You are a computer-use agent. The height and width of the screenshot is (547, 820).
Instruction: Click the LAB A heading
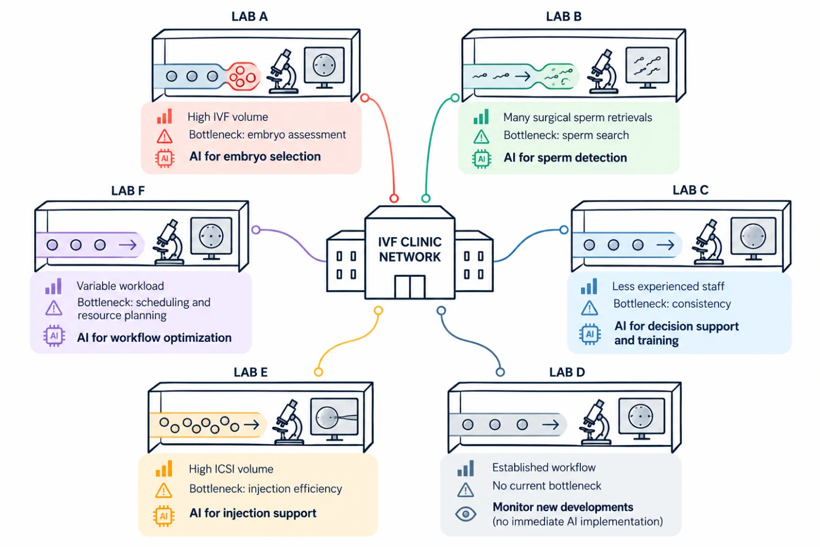point(250,17)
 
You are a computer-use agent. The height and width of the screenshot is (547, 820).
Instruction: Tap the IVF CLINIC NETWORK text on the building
point(409,249)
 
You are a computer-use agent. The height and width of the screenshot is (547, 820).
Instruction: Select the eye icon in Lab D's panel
point(466,514)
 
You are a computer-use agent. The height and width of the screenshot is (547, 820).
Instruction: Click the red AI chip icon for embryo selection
point(165,158)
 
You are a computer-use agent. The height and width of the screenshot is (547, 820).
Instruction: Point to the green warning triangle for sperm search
point(481,137)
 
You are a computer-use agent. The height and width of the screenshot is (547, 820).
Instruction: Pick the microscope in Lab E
point(289,422)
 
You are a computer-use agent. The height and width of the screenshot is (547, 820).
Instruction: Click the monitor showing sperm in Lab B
point(647,68)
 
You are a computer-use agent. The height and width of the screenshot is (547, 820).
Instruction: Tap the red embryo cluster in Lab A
point(243,77)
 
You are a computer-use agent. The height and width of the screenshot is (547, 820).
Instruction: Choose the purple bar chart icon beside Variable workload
point(53,286)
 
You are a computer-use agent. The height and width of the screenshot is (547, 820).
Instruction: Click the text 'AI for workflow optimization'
point(154,337)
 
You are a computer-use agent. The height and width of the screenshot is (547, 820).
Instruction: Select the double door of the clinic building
point(409,287)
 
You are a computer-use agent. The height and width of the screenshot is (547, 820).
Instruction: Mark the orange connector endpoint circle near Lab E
point(319,372)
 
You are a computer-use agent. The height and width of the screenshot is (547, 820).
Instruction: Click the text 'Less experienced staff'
point(668,286)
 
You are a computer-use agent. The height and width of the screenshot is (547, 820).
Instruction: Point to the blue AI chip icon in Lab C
point(590,334)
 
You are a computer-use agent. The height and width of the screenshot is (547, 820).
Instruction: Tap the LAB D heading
point(567,372)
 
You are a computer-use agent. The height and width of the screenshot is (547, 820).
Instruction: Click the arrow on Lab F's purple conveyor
point(128,245)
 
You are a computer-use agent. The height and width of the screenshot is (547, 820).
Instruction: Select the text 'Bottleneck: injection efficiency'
point(266,489)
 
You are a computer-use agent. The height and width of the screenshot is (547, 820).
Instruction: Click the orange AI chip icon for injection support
point(164,516)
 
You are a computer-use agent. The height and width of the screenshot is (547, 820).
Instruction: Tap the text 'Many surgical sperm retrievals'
point(578,117)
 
